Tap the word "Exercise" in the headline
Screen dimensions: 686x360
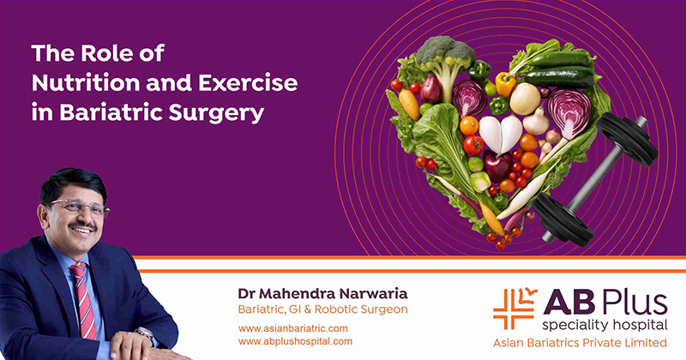coord(248,83)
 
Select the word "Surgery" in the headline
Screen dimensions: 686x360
coord(217,113)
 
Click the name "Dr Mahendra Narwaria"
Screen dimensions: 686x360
coord(323,293)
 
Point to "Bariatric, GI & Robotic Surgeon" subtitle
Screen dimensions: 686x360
coord(323,309)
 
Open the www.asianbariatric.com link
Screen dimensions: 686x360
coord(293,328)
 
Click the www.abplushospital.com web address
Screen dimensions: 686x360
coord(295,341)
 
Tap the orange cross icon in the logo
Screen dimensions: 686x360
coord(514,309)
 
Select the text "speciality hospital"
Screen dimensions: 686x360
coord(605,326)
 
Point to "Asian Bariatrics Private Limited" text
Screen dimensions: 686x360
coord(581,343)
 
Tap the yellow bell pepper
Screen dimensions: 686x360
coord(505,84)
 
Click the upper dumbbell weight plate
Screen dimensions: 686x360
coord(627,139)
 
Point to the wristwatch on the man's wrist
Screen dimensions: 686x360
coord(145,333)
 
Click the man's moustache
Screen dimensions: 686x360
coord(82,225)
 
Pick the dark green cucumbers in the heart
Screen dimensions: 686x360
coord(560,69)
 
